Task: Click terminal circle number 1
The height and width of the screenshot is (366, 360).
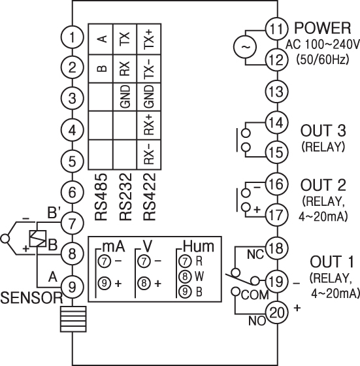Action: [x=72, y=37]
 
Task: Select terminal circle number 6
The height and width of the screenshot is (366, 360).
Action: [x=72, y=192]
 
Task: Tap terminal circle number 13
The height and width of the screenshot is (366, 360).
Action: [x=278, y=91]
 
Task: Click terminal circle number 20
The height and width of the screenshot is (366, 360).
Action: [x=278, y=312]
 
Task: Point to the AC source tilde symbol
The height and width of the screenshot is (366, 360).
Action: [x=245, y=47]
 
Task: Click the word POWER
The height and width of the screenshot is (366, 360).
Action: [x=323, y=28]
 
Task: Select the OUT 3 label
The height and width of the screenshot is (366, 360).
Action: [x=323, y=131]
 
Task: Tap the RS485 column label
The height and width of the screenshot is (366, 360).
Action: [x=101, y=197]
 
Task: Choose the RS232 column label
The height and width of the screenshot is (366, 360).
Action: [x=125, y=197]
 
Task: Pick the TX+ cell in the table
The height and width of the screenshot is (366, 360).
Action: [x=149, y=39]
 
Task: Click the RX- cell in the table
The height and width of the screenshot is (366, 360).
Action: [x=149, y=154]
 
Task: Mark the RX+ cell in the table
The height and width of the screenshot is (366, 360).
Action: [x=149, y=125]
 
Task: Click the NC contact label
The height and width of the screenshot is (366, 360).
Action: [x=255, y=254]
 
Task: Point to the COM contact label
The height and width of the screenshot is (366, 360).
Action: [x=255, y=295]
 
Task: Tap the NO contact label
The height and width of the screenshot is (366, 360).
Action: [x=257, y=321]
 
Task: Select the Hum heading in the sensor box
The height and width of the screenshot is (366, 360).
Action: [x=199, y=246]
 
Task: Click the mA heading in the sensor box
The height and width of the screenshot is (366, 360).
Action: [x=114, y=247]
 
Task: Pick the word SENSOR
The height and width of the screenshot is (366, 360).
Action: [x=31, y=298]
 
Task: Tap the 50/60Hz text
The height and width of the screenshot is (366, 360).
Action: [x=323, y=59]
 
